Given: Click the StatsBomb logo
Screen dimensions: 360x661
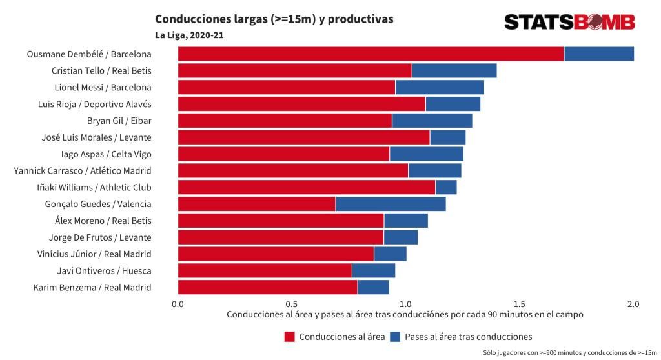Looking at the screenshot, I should pyautogui.click(x=569, y=22).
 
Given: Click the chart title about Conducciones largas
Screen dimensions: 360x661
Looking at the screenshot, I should pyautogui.click(x=274, y=19).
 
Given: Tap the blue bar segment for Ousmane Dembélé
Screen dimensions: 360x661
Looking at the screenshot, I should pyautogui.click(x=598, y=54).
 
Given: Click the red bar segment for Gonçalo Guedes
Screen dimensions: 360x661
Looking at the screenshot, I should pyautogui.click(x=256, y=204).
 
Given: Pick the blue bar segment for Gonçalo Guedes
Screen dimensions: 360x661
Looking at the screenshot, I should pyautogui.click(x=391, y=204).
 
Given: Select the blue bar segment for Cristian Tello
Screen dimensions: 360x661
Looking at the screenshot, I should pyautogui.click(x=454, y=71).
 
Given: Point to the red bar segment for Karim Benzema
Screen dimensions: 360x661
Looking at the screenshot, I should pyautogui.click(x=267, y=287).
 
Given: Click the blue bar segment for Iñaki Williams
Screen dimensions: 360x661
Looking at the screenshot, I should pyautogui.click(x=446, y=187).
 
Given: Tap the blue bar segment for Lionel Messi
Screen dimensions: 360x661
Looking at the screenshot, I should pyautogui.click(x=440, y=87).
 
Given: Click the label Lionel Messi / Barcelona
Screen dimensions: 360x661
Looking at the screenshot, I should pyautogui.click(x=103, y=87).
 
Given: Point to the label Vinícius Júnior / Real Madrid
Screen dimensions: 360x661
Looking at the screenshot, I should pyautogui.click(x=94, y=254).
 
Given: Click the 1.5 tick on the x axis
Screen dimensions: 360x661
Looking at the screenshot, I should pyautogui.click(x=519, y=305).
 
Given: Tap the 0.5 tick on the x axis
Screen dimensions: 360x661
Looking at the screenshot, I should pyautogui.click(x=291, y=305).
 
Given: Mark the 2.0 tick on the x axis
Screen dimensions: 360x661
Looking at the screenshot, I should pyautogui.click(x=633, y=305).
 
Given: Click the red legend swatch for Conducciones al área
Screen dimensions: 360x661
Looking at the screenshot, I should pyautogui.click(x=289, y=337).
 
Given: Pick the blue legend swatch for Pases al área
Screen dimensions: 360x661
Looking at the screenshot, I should pyautogui.click(x=395, y=337).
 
